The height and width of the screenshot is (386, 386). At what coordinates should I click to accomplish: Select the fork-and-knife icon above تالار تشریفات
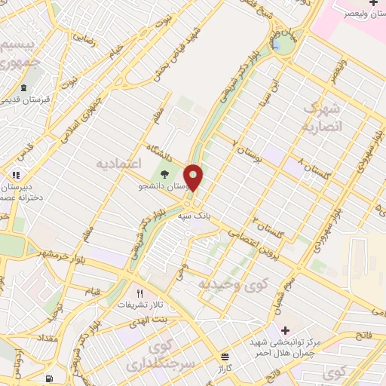tap(139, 293)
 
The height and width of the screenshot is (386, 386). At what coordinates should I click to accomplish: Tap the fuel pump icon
tap(49, 378)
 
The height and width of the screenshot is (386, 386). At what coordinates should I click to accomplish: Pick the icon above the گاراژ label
tap(224, 356)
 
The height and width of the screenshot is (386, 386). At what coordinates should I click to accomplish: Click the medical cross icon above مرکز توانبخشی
tap(285, 329)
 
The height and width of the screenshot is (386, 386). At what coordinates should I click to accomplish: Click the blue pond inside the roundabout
tap(277, 47)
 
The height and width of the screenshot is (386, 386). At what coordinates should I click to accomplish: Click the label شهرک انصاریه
tap(322, 118)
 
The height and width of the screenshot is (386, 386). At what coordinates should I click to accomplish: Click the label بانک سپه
tap(193, 216)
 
